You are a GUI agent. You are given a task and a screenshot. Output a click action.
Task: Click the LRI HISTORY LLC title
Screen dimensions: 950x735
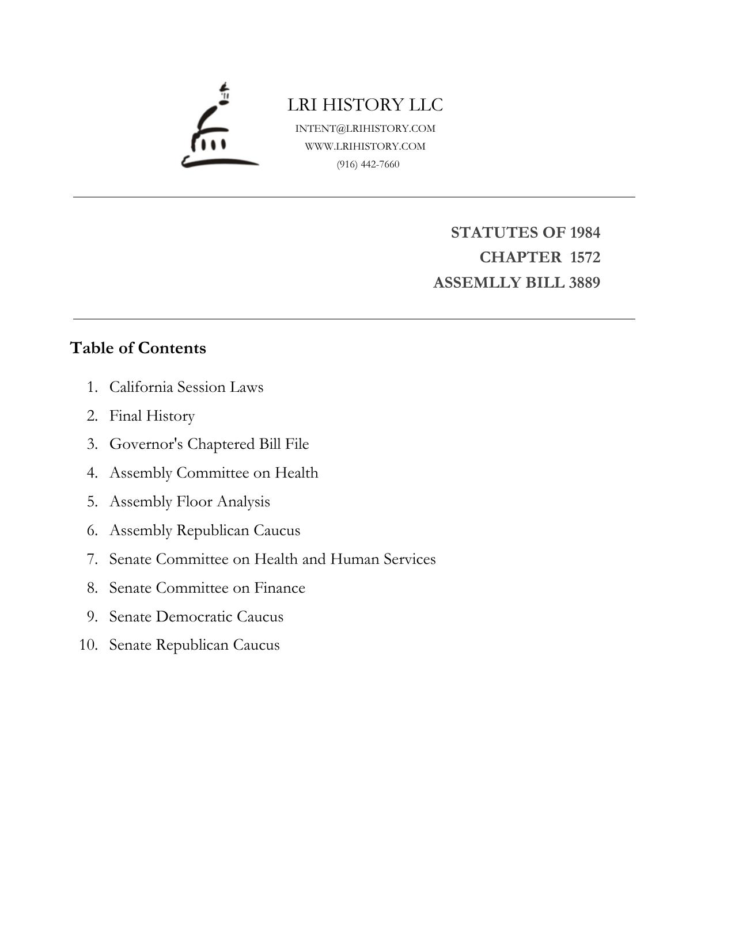click(x=365, y=105)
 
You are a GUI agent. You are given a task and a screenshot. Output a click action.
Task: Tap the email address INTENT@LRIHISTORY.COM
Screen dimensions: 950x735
click(x=365, y=128)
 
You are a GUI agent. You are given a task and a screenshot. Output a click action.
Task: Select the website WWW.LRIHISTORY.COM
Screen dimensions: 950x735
click(x=365, y=146)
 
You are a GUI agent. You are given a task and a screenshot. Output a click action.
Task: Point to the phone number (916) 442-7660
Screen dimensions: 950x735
click(x=368, y=164)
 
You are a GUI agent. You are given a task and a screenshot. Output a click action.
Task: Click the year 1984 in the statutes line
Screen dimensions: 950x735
click(x=585, y=232)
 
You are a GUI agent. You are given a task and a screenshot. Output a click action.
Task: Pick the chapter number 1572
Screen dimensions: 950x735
click(x=585, y=257)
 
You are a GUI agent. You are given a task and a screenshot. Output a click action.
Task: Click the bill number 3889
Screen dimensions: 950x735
click(x=585, y=283)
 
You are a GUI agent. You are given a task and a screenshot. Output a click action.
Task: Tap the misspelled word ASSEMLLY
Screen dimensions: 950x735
click(x=470, y=283)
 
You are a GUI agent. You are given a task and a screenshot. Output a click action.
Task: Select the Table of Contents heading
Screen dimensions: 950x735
click(x=138, y=348)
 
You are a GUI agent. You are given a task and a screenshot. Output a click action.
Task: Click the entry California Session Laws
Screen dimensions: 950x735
click(x=186, y=387)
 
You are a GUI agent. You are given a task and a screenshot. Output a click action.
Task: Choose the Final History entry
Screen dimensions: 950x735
click(x=152, y=415)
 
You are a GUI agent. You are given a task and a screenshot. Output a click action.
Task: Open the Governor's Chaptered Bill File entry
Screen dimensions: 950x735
click(x=209, y=444)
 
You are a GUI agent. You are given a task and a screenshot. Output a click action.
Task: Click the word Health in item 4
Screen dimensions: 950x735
click(x=296, y=472)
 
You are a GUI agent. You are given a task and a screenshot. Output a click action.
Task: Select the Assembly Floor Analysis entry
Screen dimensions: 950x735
click(x=190, y=501)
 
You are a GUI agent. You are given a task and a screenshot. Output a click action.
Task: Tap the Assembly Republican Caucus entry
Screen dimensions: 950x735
click(x=204, y=530)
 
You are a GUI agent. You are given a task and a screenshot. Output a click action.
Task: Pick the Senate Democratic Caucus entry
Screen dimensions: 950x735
click(x=196, y=616)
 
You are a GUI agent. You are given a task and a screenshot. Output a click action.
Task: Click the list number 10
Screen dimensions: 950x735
click(x=88, y=644)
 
